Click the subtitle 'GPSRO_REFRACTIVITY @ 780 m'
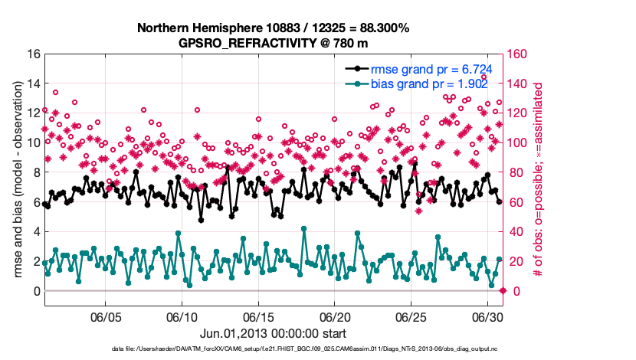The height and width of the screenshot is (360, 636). pos(274,43)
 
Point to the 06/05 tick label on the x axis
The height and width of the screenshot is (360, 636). pos(107,316)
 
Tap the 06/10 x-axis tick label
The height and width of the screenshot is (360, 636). pos(182,316)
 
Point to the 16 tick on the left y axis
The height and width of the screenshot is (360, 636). pos(34,54)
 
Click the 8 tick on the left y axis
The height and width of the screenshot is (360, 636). pos(37,173)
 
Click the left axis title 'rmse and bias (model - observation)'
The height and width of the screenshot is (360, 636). pos(17,172)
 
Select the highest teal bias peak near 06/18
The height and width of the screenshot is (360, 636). pos(304,228)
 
